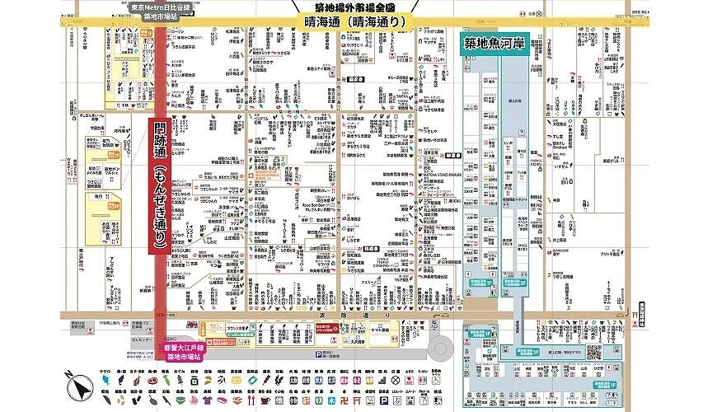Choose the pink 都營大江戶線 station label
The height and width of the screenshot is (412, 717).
185,351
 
